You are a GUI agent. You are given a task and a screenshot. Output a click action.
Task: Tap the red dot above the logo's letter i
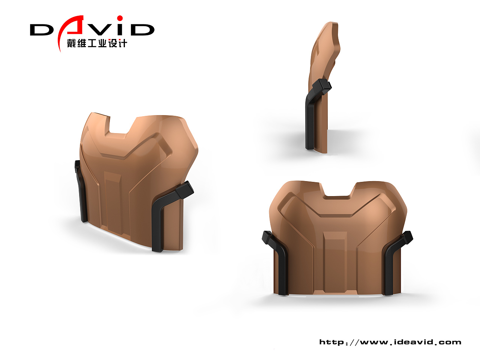click(x=120, y=18)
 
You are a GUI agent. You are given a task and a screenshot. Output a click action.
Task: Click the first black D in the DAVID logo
click(x=42, y=30)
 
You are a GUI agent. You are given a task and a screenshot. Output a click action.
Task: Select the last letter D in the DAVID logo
click(x=143, y=30)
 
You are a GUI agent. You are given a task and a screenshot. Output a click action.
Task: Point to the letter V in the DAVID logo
click(x=99, y=30)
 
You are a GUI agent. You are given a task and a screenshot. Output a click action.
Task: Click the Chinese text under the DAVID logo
click(x=97, y=43)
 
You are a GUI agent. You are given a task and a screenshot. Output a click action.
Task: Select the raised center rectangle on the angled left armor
click(x=112, y=202)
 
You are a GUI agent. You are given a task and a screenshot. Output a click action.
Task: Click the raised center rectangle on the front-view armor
click(x=335, y=262)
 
